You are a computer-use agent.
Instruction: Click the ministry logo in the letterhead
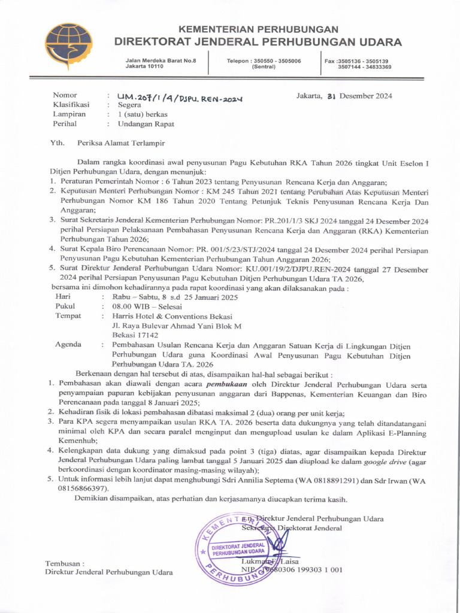pos(69,47)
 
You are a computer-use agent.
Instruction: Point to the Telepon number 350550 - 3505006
pos(264,61)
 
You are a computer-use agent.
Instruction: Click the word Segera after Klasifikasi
pos(130,104)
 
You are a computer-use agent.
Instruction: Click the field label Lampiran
pos(68,114)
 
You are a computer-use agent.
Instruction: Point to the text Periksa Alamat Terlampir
pos(120,143)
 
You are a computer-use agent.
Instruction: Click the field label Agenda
pos(70,345)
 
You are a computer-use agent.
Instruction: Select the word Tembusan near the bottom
pos(65,563)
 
